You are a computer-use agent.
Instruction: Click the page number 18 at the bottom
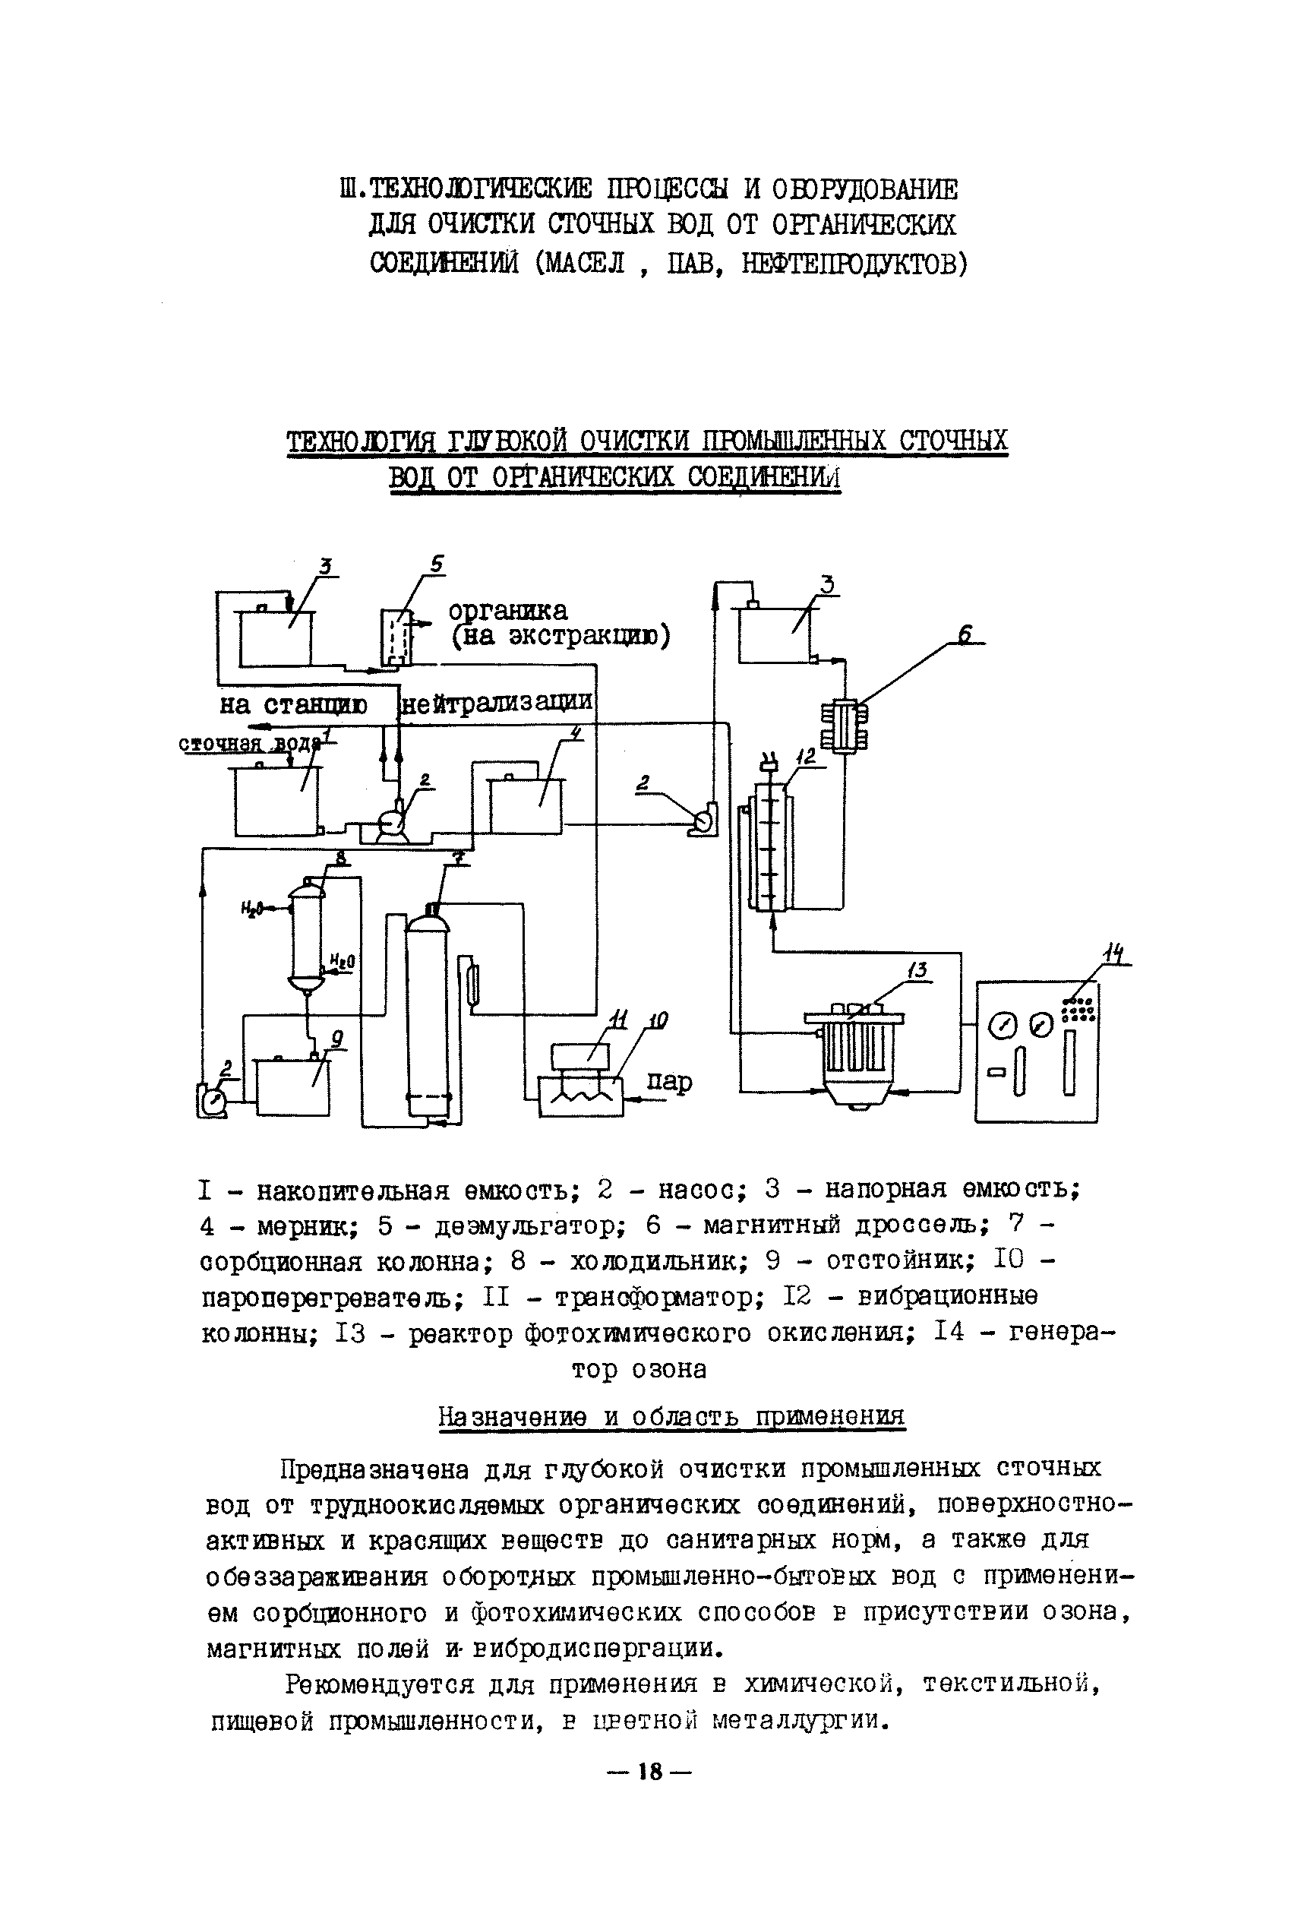pyautogui.click(x=649, y=1772)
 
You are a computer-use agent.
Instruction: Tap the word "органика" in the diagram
pyautogui.click(x=508, y=610)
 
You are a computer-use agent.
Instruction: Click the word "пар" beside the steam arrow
pyautogui.click(x=669, y=1082)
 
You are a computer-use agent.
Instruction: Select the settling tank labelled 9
pyautogui.click(x=292, y=1086)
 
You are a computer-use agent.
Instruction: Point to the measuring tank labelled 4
pyautogui.click(x=526, y=805)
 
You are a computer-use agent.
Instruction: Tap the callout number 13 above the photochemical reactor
pyautogui.click(x=916, y=970)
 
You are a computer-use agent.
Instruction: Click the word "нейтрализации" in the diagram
pyautogui.click(x=497, y=702)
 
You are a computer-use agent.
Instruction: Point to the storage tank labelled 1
pyautogui.click(x=276, y=802)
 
